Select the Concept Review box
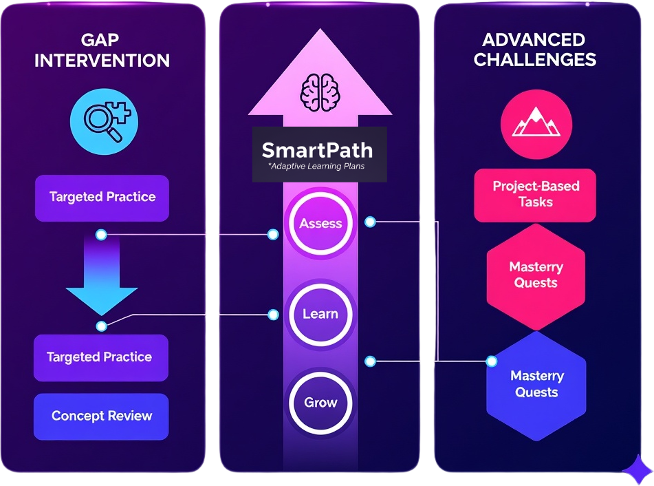point(101,416)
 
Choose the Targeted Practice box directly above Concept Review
point(100,357)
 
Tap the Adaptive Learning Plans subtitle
point(318,167)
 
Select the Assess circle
point(320,224)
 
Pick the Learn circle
point(320,314)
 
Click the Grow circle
point(320,403)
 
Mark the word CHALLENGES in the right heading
point(534,60)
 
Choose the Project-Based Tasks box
point(535,194)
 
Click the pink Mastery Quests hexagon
point(536,275)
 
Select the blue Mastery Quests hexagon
point(536,385)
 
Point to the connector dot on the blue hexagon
point(492,361)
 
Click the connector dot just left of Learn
point(273,315)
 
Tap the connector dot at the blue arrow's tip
point(102,326)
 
